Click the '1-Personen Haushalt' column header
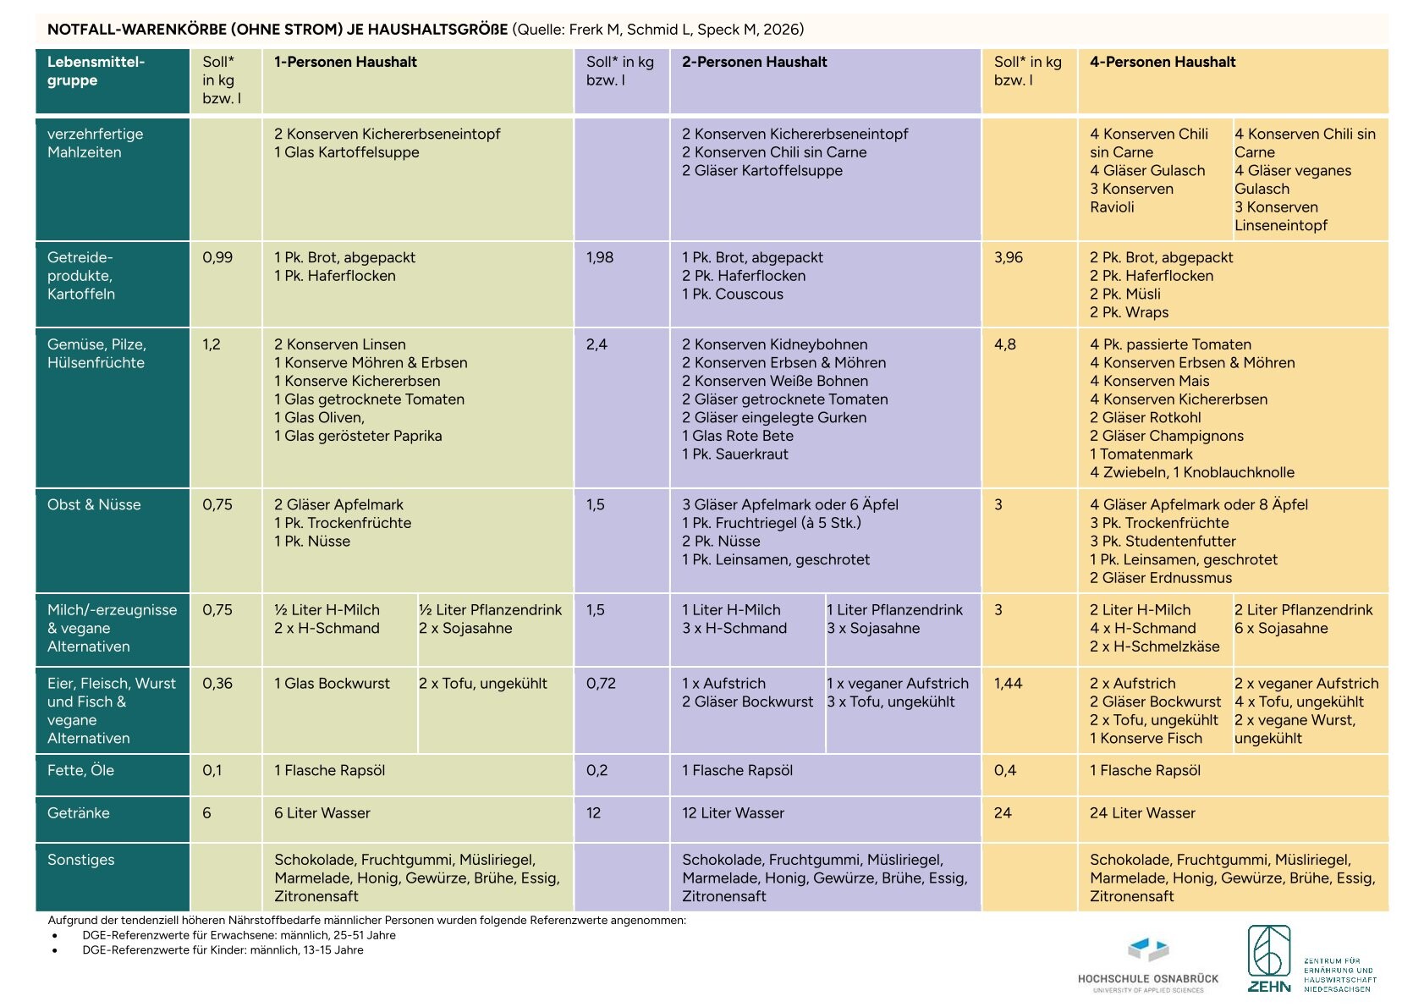pos(345,62)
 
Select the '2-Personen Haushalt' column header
pos(754,62)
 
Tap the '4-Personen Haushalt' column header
pos(1162,62)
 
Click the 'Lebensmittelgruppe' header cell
pos(96,70)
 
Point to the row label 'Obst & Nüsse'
pos(94,505)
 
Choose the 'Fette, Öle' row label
pos(80,771)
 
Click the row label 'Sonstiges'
pos(80,860)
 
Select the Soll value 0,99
pos(217,257)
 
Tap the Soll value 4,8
pos(1005,344)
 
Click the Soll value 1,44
pos(1009,684)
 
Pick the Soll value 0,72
pos(601,684)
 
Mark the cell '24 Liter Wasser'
pos(1142,813)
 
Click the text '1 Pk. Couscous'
pos(733,294)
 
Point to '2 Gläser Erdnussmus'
pos(1161,578)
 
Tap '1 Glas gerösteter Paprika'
pos(358,436)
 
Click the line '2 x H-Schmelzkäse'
pos(1154,647)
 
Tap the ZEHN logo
pos(1311,960)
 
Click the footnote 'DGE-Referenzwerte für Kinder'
pos(223,950)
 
